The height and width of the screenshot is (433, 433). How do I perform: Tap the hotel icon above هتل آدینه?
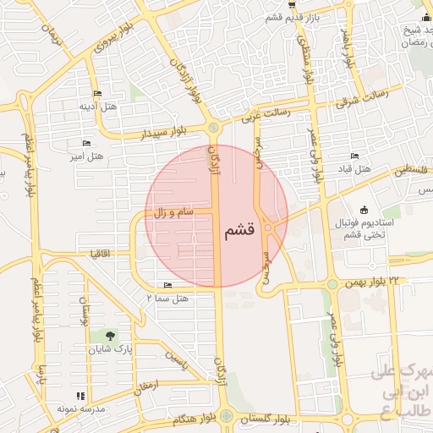pyautogui.click(x=97, y=93)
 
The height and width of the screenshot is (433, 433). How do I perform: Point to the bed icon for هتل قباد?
pyautogui.click(x=355, y=156)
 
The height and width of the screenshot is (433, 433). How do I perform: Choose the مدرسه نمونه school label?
pyautogui.click(x=80, y=408)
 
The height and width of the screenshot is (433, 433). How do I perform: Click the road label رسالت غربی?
pyautogui.click(x=266, y=113)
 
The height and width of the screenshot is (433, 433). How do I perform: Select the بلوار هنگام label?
pyautogui.click(x=195, y=419)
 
